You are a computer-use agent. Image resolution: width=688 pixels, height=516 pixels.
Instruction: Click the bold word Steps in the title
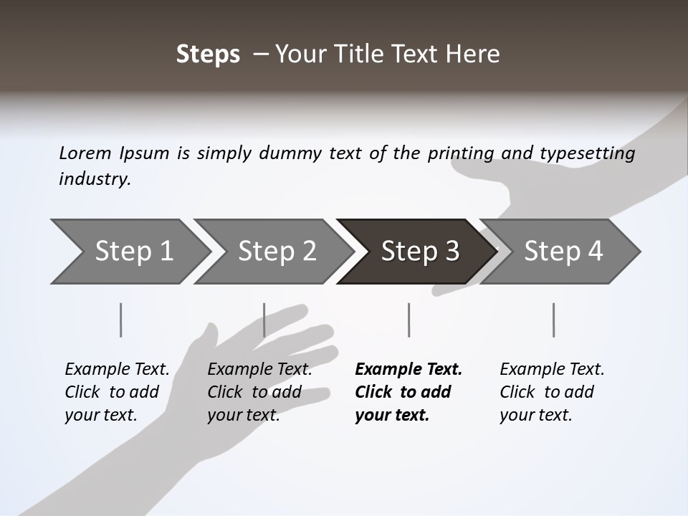pyautogui.click(x=208, y=54)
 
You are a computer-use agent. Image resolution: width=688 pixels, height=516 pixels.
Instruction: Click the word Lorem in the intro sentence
pyautogui.click(x=85, y=153)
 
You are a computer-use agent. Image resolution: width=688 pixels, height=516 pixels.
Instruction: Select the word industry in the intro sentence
pyautogui.click(x=94, y=179)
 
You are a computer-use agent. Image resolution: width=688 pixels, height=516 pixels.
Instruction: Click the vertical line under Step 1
pyautogui.click(x=121, y=320)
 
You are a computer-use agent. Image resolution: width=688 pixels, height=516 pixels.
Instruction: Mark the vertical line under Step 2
pyautogui.click(x=264, y=320)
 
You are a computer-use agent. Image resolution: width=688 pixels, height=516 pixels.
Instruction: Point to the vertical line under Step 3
pyautogui.click(x=408, y=320)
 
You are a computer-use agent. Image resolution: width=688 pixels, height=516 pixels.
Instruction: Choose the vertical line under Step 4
pyautogui.click(x=553, y=320)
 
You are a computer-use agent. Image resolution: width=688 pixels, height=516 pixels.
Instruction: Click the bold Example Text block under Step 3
pyautogui.click(x=408, y=392)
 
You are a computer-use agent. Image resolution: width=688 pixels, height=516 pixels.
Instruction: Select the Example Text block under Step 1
pyautogui.click(x=117, y=392)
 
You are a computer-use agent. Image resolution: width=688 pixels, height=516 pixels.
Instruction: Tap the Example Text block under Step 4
pyautogui.click(x=552, y=392)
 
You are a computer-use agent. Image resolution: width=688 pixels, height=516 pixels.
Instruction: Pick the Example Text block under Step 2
pyautogui.click(x=259, y=392)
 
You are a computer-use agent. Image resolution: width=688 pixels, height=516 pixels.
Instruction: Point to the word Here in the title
pyautogui.click(x=476, y=54)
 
